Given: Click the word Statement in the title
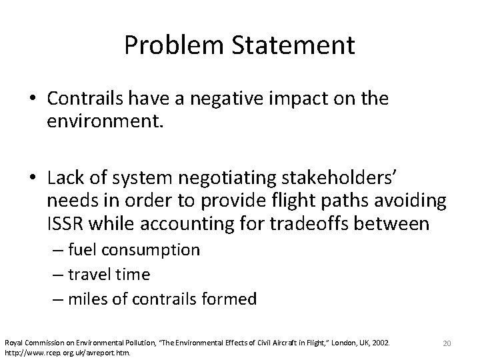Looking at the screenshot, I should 288,45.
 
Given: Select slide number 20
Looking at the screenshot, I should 447,343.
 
